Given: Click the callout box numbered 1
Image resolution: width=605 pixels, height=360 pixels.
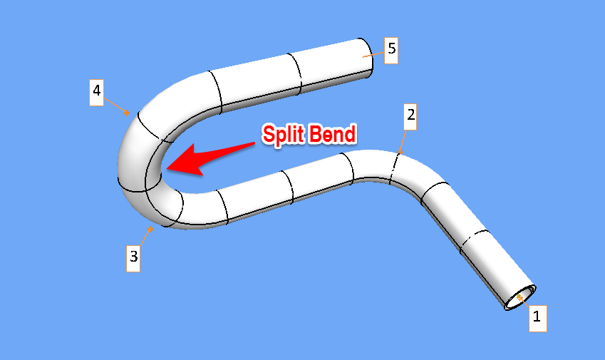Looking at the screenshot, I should [x=537, y=317].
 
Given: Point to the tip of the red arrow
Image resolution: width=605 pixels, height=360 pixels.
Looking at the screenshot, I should [x=165, y=168].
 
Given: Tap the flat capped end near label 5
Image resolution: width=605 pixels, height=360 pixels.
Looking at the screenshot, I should [x=364, y=56].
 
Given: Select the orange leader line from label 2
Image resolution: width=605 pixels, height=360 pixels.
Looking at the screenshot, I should [x=404, y=140].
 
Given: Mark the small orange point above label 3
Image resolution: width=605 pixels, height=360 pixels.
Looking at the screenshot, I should [x=150, y=229].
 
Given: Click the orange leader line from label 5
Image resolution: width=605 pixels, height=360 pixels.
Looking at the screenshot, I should [x=373, y=53].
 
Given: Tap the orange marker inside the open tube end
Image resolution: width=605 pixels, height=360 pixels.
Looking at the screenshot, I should [x=519, y=296].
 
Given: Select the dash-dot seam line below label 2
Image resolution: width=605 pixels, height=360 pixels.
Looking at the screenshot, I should [x=394, y=168].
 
